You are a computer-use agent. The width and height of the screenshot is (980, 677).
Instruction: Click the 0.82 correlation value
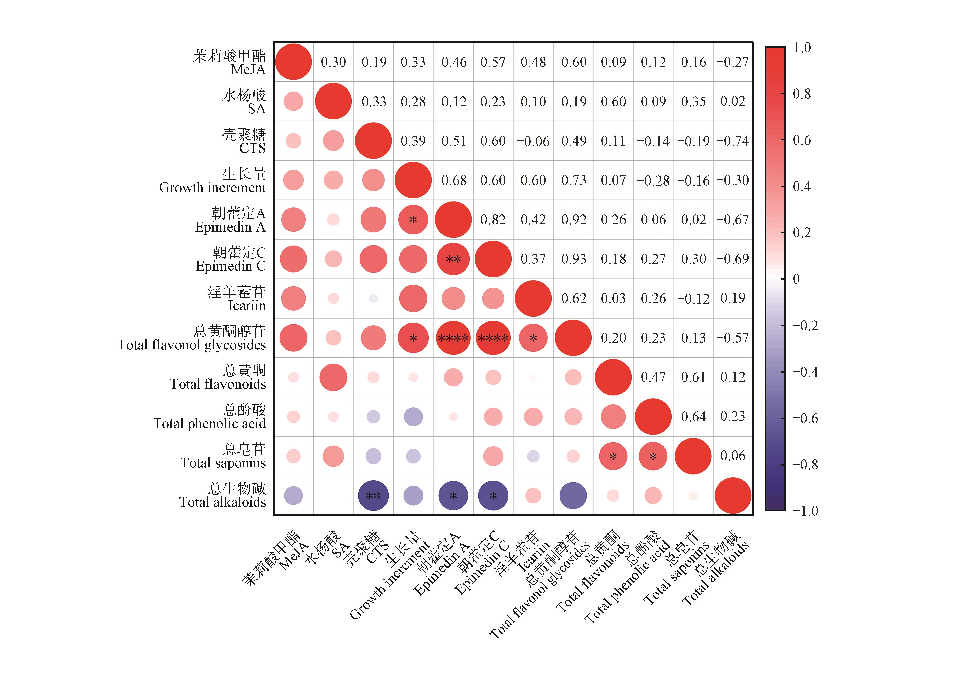click(x=493, y=220)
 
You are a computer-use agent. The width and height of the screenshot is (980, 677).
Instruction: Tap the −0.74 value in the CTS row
click(x=733, y=141)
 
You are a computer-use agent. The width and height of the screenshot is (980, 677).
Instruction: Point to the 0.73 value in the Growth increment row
click(x=573, y=180)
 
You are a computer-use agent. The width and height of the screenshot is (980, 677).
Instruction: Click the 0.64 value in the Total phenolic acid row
click(x=693, y=417)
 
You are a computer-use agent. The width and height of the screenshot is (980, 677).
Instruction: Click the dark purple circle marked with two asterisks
click(x=373, y=495)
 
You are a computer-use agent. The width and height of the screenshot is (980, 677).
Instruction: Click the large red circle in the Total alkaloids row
click(x=733, y=495)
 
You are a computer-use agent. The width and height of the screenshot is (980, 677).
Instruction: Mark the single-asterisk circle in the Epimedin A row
click(x=413, y=220)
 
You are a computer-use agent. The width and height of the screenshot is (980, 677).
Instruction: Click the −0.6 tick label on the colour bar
click(x=805, y=418)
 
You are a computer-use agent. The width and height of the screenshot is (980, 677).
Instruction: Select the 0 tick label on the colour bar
click(x=796, y=279)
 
